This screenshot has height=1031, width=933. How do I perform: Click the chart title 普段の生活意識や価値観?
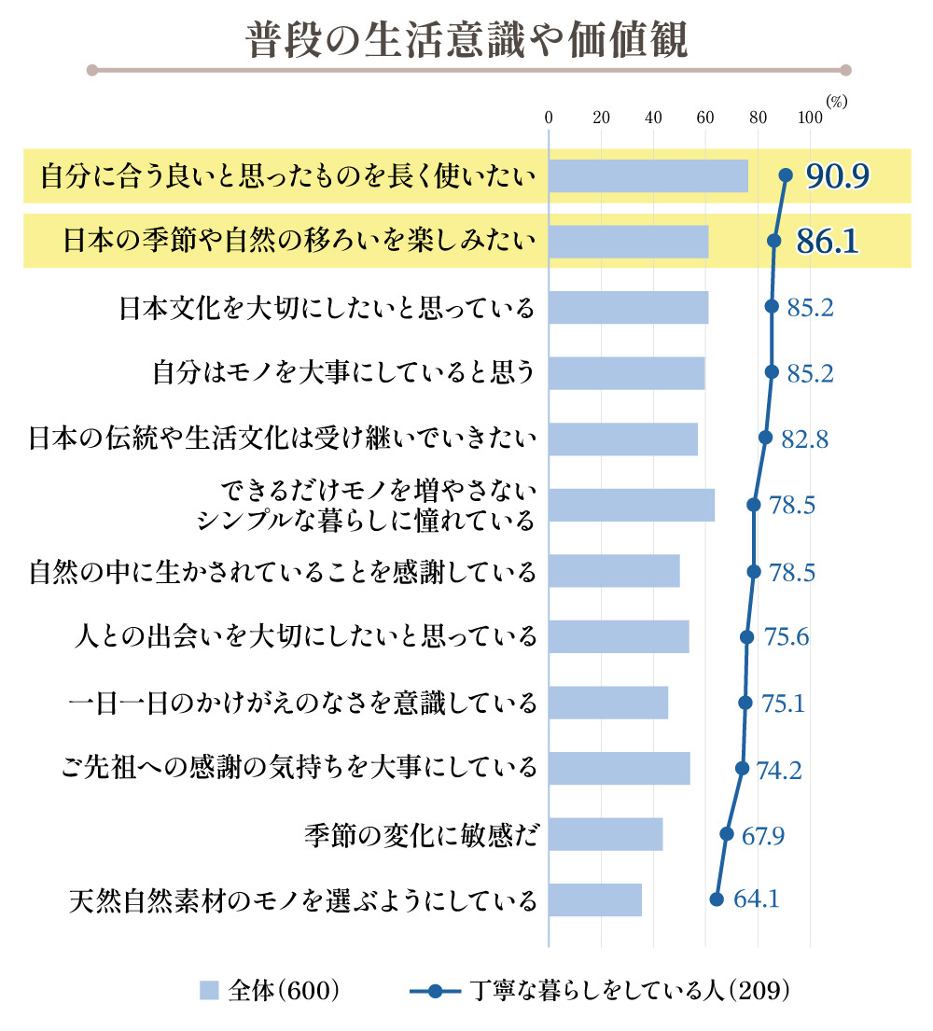point(466,39)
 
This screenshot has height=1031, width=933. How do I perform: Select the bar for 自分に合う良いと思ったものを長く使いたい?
point(648,175)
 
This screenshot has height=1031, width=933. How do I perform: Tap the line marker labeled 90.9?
point(786,174)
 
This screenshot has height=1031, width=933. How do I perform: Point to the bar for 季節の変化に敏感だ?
point(606,834)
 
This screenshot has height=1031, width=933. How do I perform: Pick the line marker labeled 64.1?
point(717,899)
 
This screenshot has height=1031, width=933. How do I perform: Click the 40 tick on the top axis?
point(653,118)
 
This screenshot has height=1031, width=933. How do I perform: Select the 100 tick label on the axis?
point(810,118)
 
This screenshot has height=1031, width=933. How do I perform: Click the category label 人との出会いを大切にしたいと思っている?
point(305,637)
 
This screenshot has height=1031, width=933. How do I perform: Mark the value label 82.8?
point(804,439)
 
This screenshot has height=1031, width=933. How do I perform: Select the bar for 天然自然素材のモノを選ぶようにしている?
point(595,899)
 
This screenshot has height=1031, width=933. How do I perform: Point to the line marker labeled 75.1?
point(745,703)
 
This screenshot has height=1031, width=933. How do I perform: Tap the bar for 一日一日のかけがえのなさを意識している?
point(608,703)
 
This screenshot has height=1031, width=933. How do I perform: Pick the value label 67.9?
point(762,835)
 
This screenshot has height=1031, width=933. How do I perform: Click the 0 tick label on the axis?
point(549,118)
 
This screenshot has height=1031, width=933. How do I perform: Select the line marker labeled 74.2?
point(743,768)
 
